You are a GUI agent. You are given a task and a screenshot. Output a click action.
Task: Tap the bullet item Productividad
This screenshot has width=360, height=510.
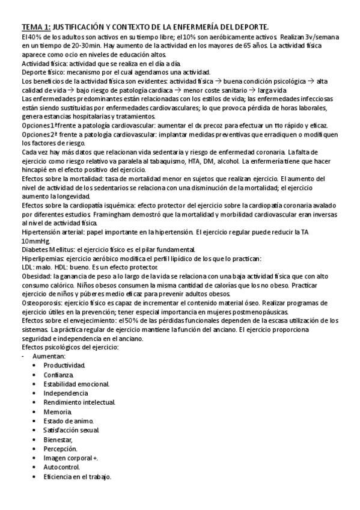[64, 365]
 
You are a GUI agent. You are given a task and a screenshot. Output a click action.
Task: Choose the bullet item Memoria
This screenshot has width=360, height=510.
[58, 412]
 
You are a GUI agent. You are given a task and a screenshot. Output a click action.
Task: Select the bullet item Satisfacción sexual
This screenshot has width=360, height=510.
[72, 430]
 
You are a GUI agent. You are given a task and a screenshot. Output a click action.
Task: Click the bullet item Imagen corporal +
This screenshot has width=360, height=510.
[71, 458]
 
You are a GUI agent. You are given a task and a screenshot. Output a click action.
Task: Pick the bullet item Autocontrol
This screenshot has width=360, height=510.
[62, 467]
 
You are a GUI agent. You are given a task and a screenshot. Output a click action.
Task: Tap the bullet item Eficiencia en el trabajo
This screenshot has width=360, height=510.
[78, 476]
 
